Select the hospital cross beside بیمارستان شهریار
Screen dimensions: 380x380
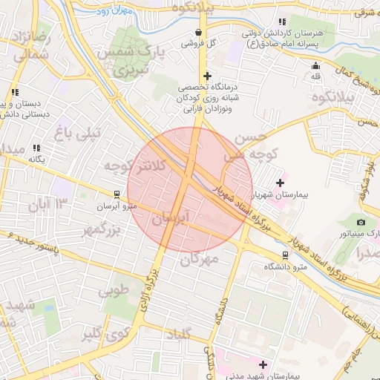point(280,182)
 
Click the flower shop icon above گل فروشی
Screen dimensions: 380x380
point(198,32)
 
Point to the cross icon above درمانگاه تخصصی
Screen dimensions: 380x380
point(207,76)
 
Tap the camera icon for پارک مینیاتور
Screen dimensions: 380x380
point(361,222)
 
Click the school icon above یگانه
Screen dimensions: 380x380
point(36,148)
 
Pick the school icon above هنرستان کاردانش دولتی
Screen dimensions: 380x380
point(281,22)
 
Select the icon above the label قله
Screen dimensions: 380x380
point(315,65)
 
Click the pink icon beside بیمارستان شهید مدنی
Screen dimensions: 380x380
point(262,364)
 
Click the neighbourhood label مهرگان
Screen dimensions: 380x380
point(200,259)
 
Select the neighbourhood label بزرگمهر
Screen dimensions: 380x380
point(100,231)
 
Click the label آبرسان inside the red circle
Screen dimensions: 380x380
point(173,217)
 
